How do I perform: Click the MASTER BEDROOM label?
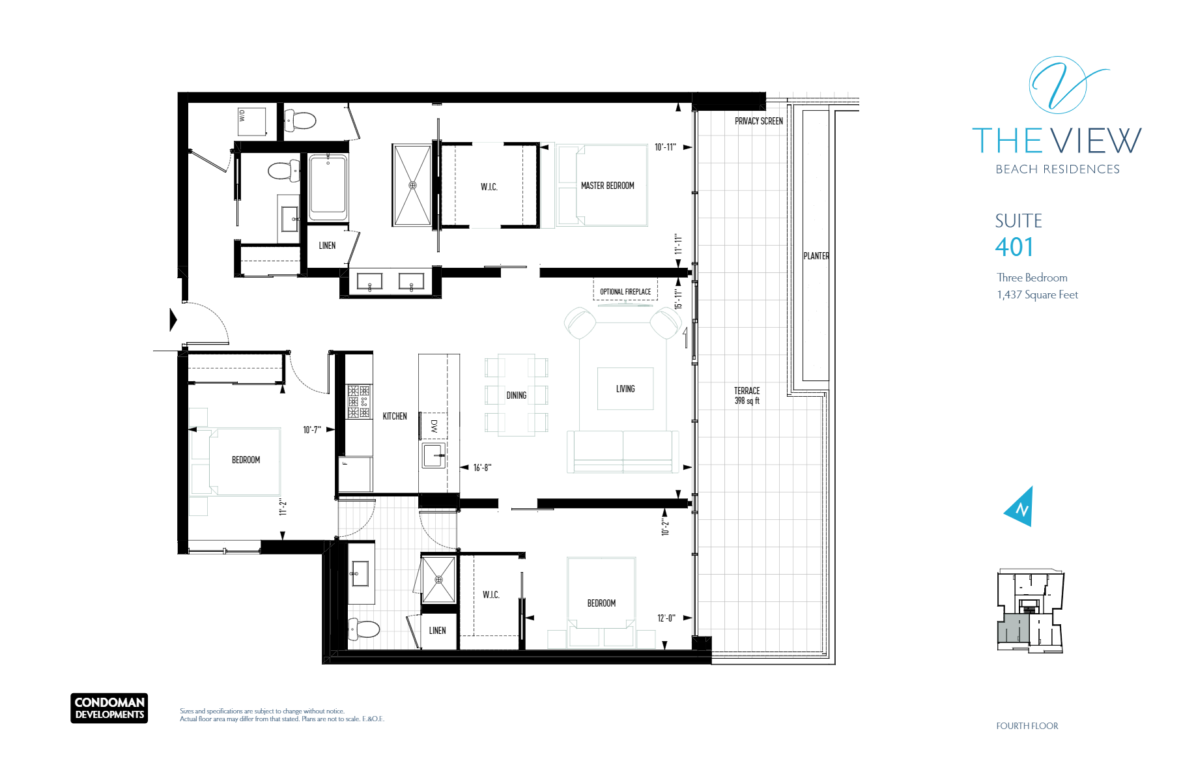pyautogui.click(x=607, y=186)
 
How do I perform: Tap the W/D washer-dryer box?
pyautogui.click(x=252, y=122)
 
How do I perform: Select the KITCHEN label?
pyautogui.click(x=395, y=416)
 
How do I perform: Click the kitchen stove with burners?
pyautogui.click(x=358, y=401)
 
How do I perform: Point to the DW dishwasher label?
pyautogui.click(x=434, y=426)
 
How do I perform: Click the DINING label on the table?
pyautogui.click(x=517, y=395)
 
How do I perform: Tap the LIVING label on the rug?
pyautogui.click(x=625, y=389)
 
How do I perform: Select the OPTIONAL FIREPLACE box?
pyautogui.click(x=625, y=289)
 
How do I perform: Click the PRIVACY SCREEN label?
pyautogui.click(x=759, y=121)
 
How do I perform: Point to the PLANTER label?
pyautogui.click(x=816, y=256)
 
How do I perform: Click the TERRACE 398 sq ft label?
pyautogui.click(x=747, y=395)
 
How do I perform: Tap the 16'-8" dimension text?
pyautogui.click(x=483, y=468)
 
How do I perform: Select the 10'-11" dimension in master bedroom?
pyautogui.click(x=665, y=147)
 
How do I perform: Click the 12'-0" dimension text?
pyautogui.click(x=666, y=618)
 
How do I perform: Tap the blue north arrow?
pyautogui.click(x=1019, y=507)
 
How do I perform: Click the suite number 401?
pyautogui.click(x=1014, y=248)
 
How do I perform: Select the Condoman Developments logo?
pyautogui.click(x=109, y=708)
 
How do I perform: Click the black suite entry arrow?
pyautogui.click(x=173, y=320)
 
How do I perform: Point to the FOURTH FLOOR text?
pyautogui.click(x=1027, y=726)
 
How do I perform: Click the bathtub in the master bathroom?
pyautogui.click(x=328, y=187)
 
